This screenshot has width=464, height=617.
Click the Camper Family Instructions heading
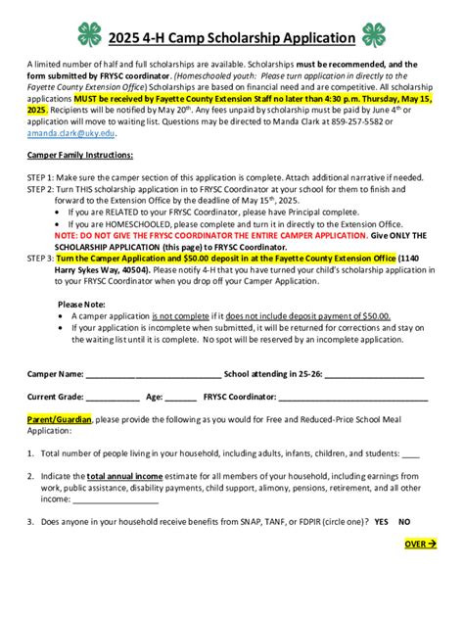coord(80,155)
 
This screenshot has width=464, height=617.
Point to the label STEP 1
coord(42,176)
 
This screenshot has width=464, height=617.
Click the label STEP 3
coord(42,257)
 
